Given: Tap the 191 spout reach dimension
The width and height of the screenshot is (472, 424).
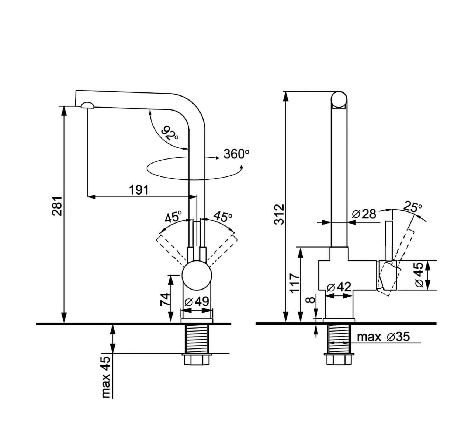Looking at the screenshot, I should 139,190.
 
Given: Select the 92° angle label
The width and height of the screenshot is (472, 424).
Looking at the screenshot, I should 170,133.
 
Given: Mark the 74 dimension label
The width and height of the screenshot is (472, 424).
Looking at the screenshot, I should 165,299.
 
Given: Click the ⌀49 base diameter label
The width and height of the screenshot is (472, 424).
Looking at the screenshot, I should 197,301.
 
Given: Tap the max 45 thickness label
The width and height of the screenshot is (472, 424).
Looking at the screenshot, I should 105,376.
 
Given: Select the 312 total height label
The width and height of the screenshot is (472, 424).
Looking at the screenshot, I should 280,214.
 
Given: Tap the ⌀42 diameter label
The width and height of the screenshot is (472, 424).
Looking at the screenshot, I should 339,287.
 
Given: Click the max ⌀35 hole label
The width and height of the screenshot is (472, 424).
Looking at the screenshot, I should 383,337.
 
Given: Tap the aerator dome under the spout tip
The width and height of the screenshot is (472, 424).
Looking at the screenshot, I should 87,105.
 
